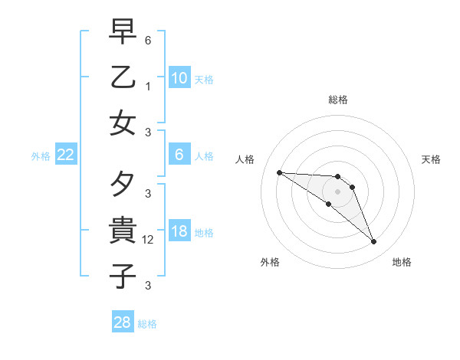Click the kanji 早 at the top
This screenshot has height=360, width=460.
pyautogui.click(x=123, y=33)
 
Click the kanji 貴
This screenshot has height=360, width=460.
pyautogui.click(x=123, y=230)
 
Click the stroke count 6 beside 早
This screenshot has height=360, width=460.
pyautogui.click(x=148, y=40)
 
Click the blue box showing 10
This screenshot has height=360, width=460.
pyautogui.click(x=179, y=78)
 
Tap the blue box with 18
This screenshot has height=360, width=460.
pyautogui.click(x=179, y=232)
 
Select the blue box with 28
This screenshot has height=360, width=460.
pyautogui.click(x=122, y=322)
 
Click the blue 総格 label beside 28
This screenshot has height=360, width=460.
pyautogui.click(x=147, y=324)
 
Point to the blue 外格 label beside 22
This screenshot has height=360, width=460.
pyautogui.click(x=41, y=156)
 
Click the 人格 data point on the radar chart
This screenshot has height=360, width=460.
pyautogui.click(x=279, y=172)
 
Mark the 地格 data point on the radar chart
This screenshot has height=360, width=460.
pyautogui.click(x=374, y=242)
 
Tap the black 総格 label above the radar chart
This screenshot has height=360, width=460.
pyautogui.click(x=337, y=100)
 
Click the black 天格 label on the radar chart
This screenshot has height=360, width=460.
pyautogui.click(x=432, y=159)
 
